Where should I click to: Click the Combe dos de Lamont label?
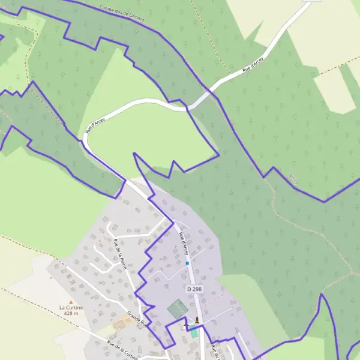pyautogui.click(x=122, y=13)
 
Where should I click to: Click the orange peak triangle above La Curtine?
pyautogui.click(x=71, y=302)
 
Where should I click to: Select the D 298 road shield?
pyautogui.click(x=193, y=289)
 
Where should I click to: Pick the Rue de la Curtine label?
pyautogui.click(x=127, y=350)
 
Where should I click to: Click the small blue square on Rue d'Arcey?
pyautogui.click(x=187, y=263)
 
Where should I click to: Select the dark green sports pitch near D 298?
pyautogui.click(x=178, y=309)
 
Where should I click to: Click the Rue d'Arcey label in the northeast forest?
pyautogui.click(x=253, y=65)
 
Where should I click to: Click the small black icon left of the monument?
pyautogui.click(x=185, y=322)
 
